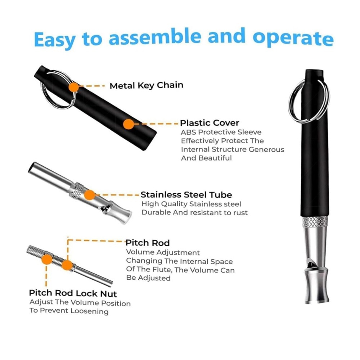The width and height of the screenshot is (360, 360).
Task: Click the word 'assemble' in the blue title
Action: [155, 37]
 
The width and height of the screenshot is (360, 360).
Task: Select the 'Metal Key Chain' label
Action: [147, 85]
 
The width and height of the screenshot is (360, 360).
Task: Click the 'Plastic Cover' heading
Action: [210, 123]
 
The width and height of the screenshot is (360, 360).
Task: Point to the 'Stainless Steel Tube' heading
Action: [186, 195]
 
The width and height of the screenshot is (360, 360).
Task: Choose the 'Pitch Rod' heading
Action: [148, 243]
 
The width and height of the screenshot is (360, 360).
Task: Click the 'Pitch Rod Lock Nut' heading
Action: [73, 293]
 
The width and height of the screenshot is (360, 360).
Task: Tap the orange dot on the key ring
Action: [74, 87]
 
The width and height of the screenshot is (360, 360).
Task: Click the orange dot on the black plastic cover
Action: [129, 124]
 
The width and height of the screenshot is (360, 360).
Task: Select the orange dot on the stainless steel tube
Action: [90, 195]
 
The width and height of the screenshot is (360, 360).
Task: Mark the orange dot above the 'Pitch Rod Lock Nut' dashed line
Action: [47, 259]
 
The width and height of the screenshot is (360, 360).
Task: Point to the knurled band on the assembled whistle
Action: [315, 221]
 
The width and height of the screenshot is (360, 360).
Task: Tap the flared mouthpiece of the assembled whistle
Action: [316, 286]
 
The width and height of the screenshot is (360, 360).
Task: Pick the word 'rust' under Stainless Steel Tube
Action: [240, 213]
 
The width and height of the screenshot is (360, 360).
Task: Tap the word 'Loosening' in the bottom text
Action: [89, 311]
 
